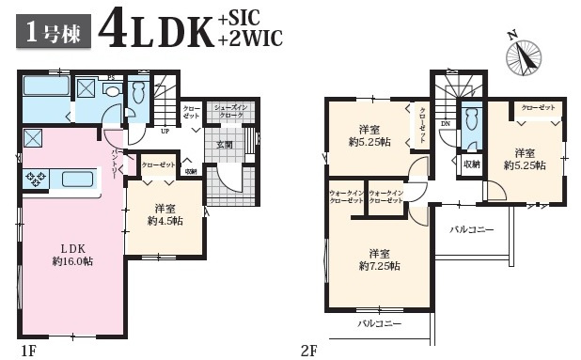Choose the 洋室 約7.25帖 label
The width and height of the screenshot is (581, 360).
click(378, 259)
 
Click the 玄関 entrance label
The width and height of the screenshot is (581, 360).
click(225, 144)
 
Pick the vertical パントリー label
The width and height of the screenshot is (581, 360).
click(114, 165)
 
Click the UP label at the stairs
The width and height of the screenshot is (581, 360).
click(165, 130)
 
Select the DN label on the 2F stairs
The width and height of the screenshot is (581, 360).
click(445, 121)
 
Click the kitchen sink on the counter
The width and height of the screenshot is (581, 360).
click(77, 178)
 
